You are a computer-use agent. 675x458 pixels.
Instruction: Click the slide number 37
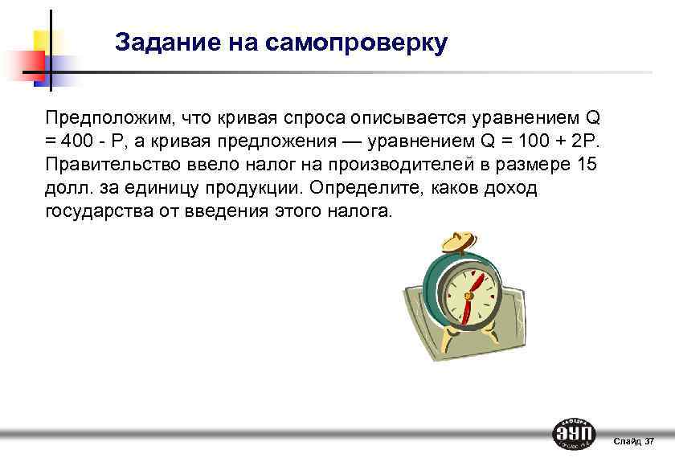649,441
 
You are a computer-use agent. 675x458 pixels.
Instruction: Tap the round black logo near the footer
575,435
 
